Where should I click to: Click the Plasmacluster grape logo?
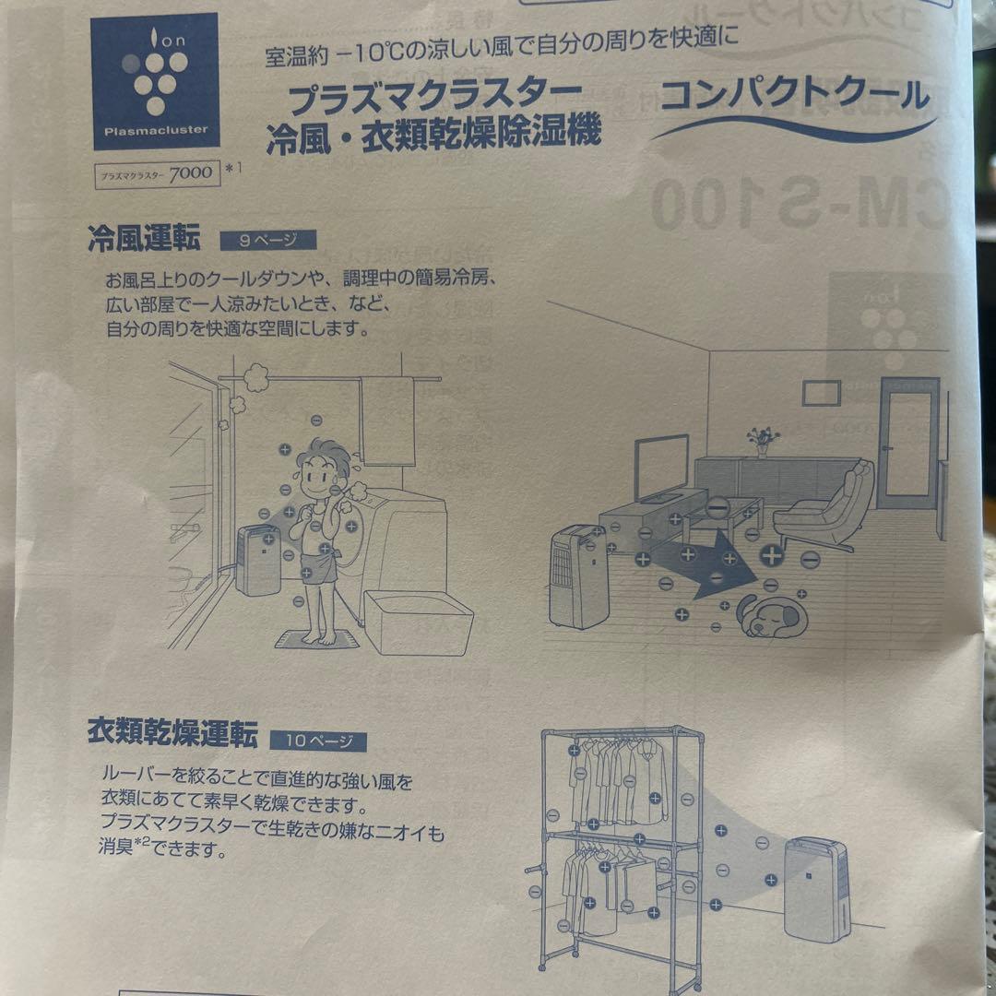tap(155, 81)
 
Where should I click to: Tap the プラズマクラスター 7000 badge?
tap(158, 172)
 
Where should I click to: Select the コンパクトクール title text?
tap(794, 96)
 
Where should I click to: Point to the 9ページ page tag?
tap(267, 241)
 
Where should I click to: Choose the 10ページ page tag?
tap(318, 741)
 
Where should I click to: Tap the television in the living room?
tap(661, 466)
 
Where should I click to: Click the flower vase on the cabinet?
tap(763, 442)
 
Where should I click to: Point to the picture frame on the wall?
tap(821, 393)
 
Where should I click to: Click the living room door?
tap(907, 443)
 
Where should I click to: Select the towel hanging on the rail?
tap(387, 420)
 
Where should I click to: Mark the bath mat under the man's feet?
tap(318, 639)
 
